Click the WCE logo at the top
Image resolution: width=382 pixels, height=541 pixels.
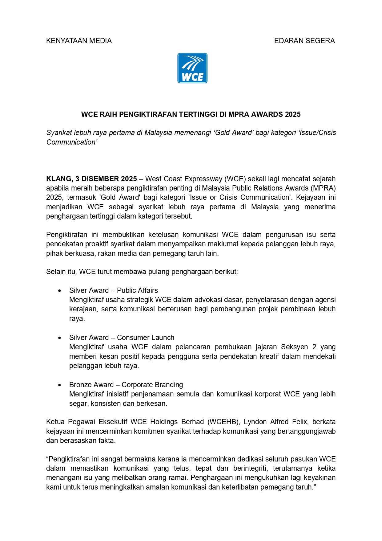tap(192, 68)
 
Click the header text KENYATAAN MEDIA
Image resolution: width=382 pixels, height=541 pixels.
tap(79, 41)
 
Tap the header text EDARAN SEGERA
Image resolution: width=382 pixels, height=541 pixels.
tap(304, 41)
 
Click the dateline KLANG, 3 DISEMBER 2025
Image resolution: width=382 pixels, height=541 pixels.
tap(91, 179)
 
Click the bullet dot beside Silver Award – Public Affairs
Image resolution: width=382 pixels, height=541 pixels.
tap(60, 291)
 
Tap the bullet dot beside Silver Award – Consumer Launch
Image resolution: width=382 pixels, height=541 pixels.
tap(60, 338)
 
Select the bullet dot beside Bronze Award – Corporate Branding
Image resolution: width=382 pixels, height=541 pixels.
tap(60, 385)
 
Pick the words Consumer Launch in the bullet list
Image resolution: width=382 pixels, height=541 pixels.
tap(146, 338)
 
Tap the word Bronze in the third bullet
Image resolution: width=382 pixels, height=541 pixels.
tap(80, 385)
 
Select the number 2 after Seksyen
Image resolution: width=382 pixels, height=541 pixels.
tap(314, 347)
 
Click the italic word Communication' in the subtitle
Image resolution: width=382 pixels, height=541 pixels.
tap(72, 142)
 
